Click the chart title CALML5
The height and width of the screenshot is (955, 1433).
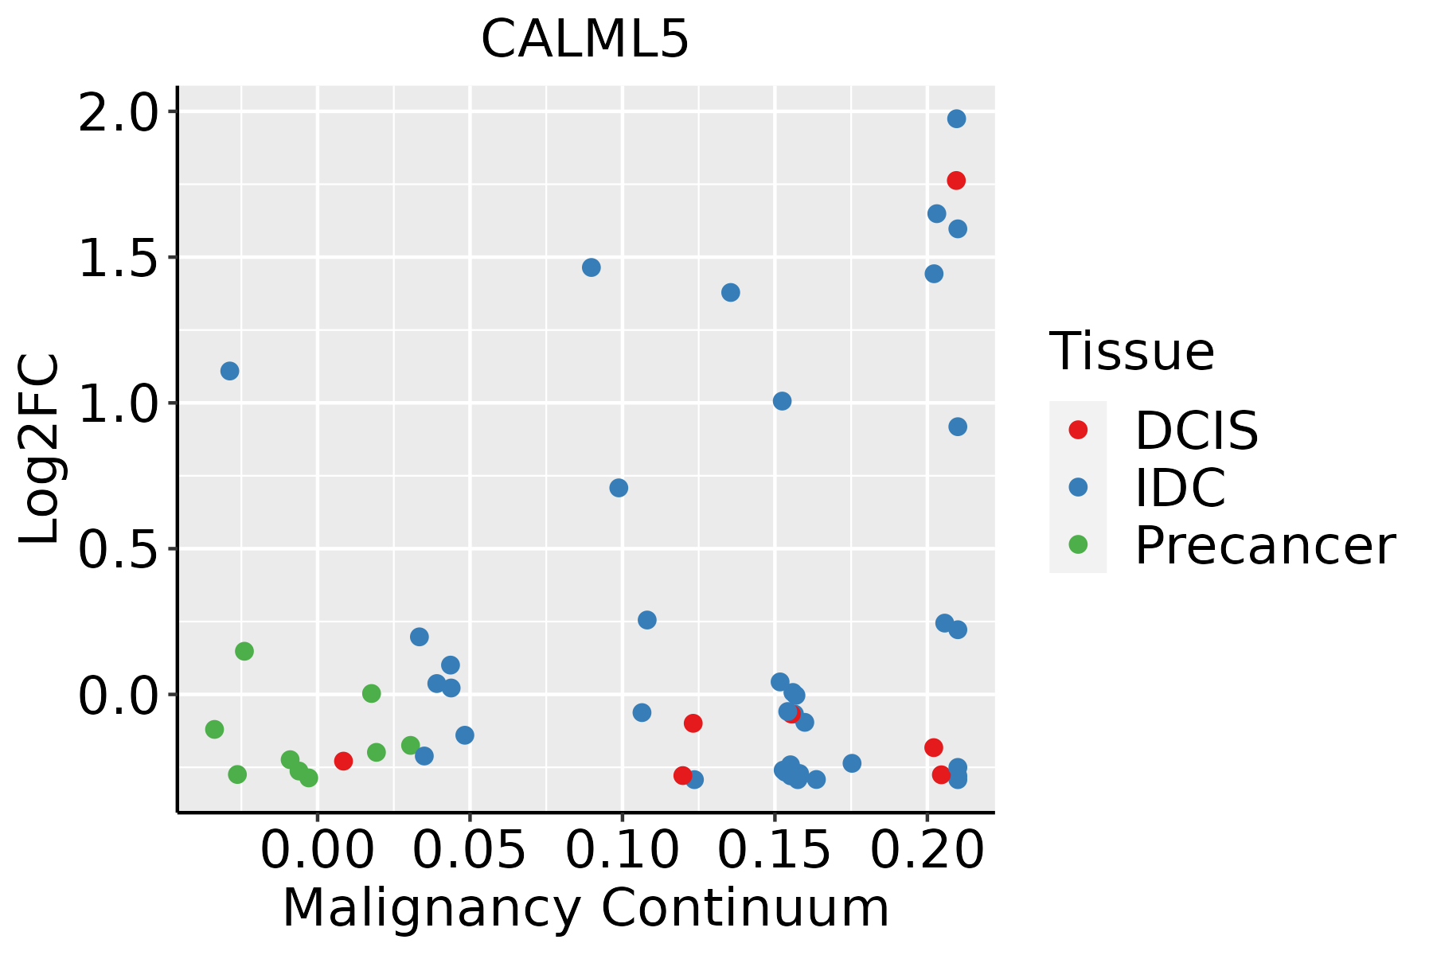584,40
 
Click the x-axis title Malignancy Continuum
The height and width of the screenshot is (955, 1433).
585,909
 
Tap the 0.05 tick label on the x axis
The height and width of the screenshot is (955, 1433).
471,851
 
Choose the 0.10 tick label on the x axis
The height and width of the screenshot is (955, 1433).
623,851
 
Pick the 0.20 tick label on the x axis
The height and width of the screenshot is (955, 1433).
927,851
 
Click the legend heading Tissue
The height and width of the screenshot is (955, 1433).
1131,351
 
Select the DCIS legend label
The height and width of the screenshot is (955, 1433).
1196,431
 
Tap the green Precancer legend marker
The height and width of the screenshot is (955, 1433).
1078,545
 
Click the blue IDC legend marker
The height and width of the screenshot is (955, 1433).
1078,487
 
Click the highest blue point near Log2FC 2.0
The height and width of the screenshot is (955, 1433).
956,119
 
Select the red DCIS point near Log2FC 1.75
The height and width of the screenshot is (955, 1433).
956,181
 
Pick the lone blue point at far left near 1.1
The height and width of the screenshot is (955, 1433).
230,371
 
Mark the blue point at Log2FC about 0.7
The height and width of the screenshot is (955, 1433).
619,488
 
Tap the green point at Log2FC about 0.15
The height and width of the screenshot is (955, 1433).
244,651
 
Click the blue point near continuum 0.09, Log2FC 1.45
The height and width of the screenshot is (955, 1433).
591,267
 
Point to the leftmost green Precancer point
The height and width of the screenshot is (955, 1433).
214,729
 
